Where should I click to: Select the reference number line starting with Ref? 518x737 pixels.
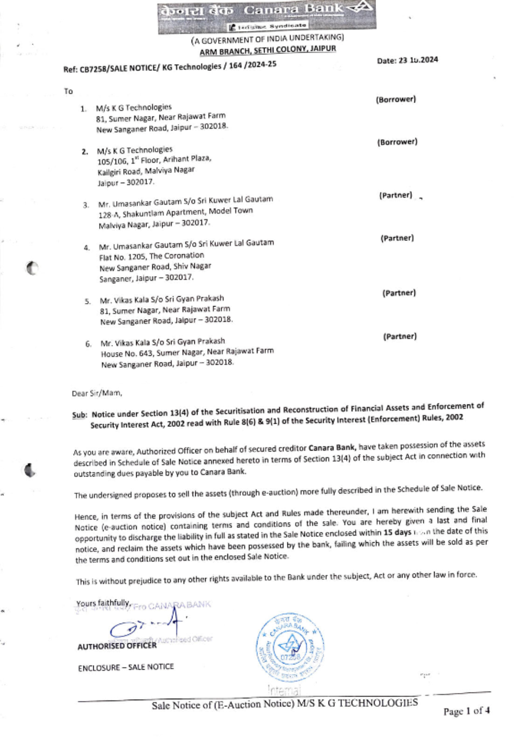point(170,67)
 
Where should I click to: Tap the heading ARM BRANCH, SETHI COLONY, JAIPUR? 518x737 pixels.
point(268,50)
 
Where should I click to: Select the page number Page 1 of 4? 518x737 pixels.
point(466,711)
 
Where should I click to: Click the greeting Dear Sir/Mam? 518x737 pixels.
point(97,393)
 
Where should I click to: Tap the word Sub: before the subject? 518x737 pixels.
point(79,415)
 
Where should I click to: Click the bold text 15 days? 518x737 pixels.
point(397,532)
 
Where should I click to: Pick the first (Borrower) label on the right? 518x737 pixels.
point(396,99)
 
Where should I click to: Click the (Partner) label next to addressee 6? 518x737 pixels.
point(400,337)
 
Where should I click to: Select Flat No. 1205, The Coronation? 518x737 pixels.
point(152,256)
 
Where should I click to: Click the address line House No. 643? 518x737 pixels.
point(187,352)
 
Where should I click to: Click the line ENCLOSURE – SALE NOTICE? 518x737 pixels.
point(126,668)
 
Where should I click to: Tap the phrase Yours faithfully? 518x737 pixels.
point(103,603)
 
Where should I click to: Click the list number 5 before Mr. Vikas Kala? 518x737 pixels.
point(88,301)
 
